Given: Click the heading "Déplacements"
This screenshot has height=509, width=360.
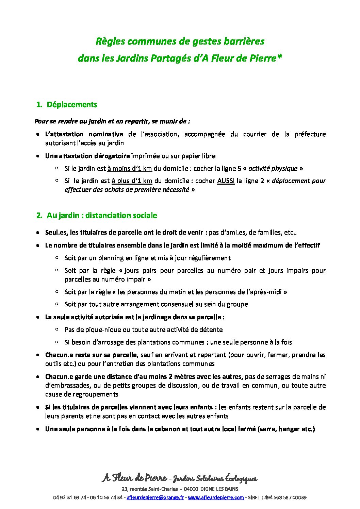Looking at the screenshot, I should [x=72, y=105].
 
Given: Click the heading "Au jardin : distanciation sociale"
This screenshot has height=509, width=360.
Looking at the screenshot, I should [x=102, y=216].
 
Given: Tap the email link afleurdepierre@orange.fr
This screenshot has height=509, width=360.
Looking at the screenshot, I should [x=155, y=497].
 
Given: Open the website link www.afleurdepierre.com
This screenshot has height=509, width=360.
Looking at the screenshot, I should [x=216, y=497].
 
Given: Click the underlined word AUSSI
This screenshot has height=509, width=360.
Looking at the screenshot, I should [x=226, y=181].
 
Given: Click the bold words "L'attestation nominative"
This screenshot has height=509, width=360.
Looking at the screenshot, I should [x=84, y=134].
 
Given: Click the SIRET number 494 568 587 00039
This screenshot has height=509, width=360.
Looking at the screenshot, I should [x=285, y=497].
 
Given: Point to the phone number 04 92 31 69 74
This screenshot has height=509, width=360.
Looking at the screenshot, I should [x=69, y=497].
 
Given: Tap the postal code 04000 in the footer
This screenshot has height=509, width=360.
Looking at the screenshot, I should [x=191, y=489].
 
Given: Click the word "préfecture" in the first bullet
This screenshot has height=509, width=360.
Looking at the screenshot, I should [x=310, y=134].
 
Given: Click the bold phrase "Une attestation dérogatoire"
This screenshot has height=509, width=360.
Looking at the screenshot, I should [x=87, y=156].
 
